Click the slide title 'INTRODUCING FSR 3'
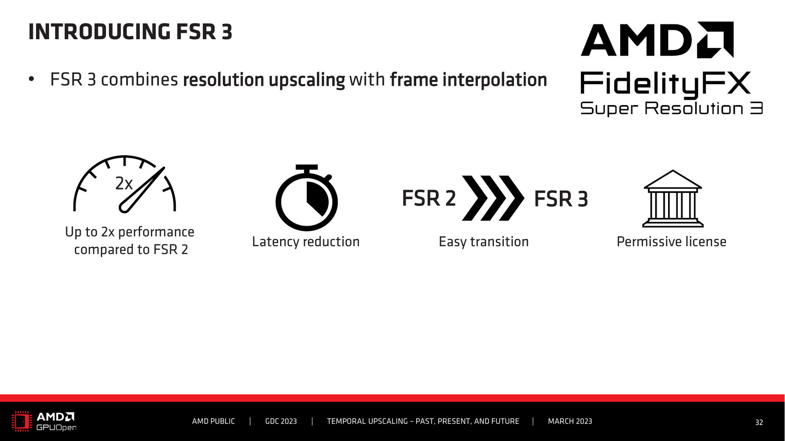pyautogui.click(x=130, y=32)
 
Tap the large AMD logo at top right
pyautogui.click(x=657, y=40)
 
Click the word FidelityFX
pyautogui.click(x=666, y=85)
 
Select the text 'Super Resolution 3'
pyautogui.click(x=671, y=109)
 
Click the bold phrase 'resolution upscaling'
pyautogui.click(x=264, y=80)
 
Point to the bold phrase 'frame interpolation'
pyautogui.click(x=468, y=80)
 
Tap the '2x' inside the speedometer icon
pyautogui.click(x=124, y=184)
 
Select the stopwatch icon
pyautogui.click(x=307, y=198)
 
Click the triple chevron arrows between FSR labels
pyautogui.click(x=493, y=198)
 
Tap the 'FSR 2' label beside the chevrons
pyautogui.click(x=429, y=198)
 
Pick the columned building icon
pyautogui.click(x=673, y=198)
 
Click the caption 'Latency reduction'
pyautogui.click(x=306, y=242)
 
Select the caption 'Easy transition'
pyautogui.click(x=484, y=242)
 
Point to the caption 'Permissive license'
pyautogui.click(x=671, y=242)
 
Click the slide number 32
pyautogui.click(x=759, y=423)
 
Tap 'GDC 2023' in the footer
pyautogui.click(x=281, y=421)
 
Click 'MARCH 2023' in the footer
pyautogui.click(x=570, y=421)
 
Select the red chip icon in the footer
pyautogui.click(x=22, y=421)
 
